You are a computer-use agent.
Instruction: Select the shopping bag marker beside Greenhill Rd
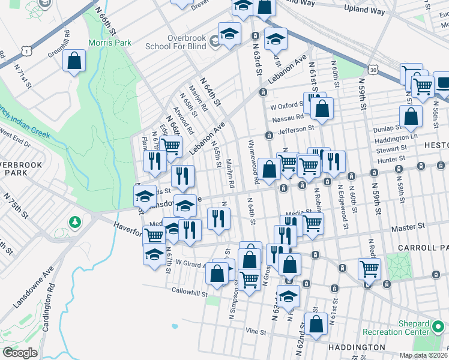74,61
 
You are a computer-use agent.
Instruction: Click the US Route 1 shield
25,49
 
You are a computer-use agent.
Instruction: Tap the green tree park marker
74,223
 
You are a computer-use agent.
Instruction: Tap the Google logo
20,353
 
